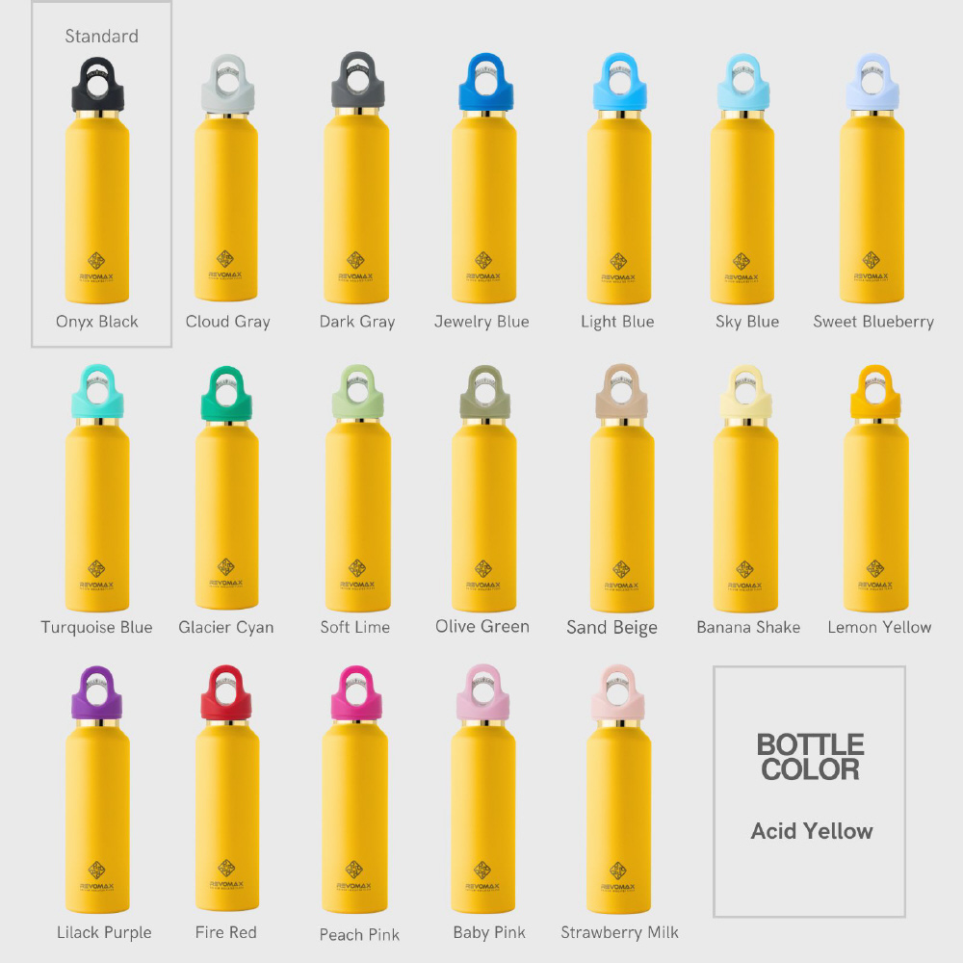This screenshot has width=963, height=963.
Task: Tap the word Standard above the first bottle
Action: [x=101, y=37]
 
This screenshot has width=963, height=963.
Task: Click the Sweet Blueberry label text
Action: [x=873, y=322]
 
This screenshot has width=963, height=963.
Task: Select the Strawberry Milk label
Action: [x=619, y=932]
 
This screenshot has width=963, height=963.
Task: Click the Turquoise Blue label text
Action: [x=96, y=627]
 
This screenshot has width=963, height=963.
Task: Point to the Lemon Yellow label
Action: [x=879, y=627]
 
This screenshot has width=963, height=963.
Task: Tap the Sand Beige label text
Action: [x=612, y=628]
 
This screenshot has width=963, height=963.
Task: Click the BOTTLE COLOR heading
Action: [x=810, y=757]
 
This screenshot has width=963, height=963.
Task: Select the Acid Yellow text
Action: [x=812, y=831]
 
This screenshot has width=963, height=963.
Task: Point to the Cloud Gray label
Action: [x=227, y=322]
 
